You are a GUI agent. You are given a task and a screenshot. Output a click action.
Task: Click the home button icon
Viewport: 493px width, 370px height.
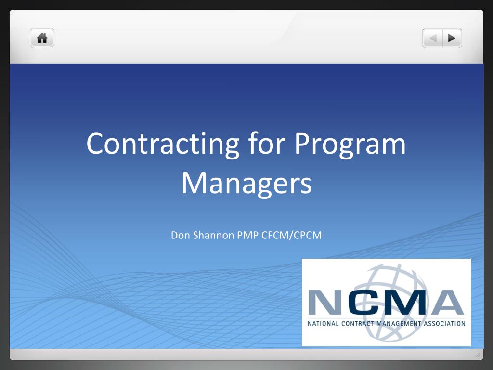pos(42,38)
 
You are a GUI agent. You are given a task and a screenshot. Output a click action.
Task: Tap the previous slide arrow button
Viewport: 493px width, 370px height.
pos(433,38)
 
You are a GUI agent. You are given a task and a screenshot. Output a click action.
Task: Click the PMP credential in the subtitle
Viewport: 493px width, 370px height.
pos(248,235)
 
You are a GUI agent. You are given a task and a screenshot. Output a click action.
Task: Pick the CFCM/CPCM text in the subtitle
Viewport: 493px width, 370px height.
pos(291,235)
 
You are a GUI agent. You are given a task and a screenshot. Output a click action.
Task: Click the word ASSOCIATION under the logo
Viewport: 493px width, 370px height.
pos(444,323)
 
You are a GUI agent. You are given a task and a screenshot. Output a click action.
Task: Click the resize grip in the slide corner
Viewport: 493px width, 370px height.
pos(478,355)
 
